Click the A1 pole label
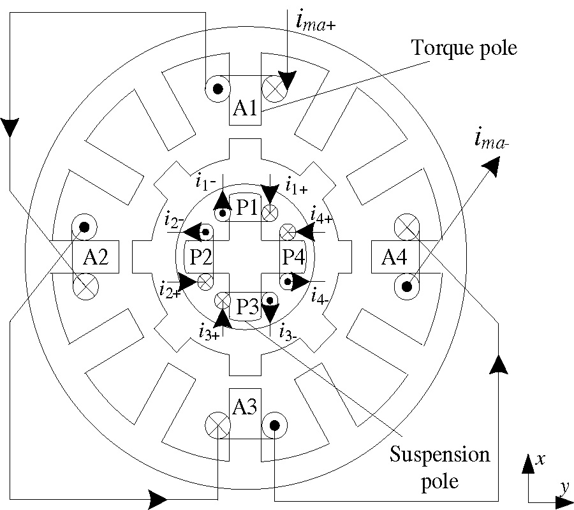244,109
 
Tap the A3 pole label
244,406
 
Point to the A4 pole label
395,258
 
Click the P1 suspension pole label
246,208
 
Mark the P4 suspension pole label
292,258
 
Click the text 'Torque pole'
453,48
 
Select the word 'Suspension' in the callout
440,455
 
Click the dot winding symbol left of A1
217,89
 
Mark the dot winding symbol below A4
406,288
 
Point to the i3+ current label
209,331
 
